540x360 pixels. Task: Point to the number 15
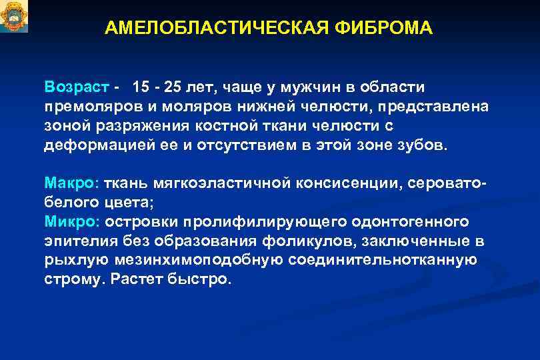click(141, 87)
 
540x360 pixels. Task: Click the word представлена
click(435, 107)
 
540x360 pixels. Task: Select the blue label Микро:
click(71, 221)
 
